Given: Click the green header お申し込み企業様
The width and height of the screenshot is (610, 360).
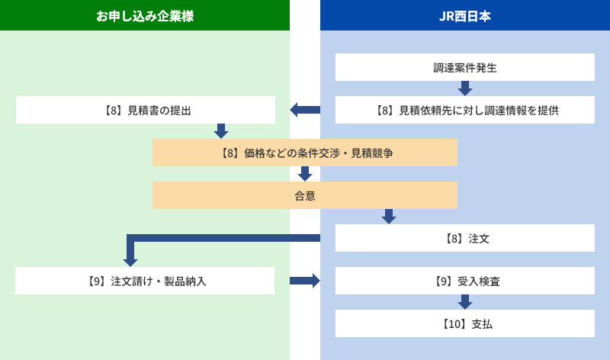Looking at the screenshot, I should click(145, 15).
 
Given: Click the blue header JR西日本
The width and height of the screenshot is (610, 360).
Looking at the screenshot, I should click(465, 15).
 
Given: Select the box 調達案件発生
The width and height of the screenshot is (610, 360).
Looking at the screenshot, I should click(465, 67).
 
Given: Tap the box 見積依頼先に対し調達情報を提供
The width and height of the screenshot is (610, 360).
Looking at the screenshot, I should click(465, 110).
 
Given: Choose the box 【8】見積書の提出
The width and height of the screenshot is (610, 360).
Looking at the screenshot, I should click(146, 110).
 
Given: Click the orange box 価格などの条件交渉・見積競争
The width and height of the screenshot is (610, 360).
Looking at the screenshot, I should click(305, 153).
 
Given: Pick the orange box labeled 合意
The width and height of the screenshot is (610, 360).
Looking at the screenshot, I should click(305, 195).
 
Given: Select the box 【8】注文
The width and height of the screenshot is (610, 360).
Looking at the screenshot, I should click(465, 238).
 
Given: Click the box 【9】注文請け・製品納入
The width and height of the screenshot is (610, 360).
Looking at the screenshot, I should click(145, 281).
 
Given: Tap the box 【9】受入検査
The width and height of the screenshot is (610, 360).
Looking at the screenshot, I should click(465, 281).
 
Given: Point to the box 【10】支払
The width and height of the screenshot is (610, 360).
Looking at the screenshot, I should click(465, 323).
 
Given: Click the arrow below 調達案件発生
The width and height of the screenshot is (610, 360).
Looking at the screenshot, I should click(465, 88).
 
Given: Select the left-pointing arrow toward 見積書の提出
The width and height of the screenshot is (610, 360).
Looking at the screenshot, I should click(304, 110).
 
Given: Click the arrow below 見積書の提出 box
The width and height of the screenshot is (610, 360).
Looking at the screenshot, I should click(221, 131).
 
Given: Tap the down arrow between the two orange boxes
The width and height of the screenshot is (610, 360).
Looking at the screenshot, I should click(305, 174).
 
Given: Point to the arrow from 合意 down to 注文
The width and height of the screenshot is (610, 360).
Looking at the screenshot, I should click(389, 217).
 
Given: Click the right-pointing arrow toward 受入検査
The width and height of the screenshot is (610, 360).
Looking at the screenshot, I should click(305, 281).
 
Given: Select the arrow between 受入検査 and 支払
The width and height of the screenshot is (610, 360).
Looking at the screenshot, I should click(465, 302).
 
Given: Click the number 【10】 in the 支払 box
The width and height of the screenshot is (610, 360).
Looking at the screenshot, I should click(453, 323).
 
